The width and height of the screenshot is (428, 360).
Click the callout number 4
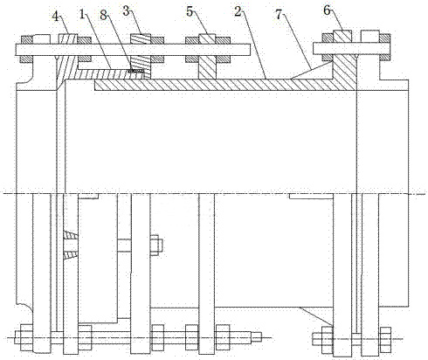(56, 16)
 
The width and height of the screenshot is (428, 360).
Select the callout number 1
(82, 14)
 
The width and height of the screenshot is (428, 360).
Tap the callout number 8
(104, 15)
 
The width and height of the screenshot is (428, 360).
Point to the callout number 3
(126, 11)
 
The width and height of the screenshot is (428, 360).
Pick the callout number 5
(190, 11)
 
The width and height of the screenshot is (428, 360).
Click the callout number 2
(238, 11)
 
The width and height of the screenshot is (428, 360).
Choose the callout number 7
(280, 15)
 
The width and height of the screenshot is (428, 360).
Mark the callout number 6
(328, 10)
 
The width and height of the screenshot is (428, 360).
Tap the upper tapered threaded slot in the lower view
(71, 235)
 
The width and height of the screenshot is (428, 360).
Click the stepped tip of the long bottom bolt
(257, 337)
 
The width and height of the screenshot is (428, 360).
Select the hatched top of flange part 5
(207, 38)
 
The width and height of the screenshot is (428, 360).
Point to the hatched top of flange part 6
(342, 36)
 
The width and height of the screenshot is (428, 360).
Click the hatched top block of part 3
(141, 39)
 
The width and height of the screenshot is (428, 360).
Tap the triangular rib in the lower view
(316, 315)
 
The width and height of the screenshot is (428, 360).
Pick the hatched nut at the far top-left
(26, 40)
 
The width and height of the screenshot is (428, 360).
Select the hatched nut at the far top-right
(384, 38)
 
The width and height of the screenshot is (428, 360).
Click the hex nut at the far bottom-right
(385, 339)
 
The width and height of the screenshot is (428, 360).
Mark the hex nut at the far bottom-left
(26, 338)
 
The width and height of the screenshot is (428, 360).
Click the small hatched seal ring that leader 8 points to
(135, 71)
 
